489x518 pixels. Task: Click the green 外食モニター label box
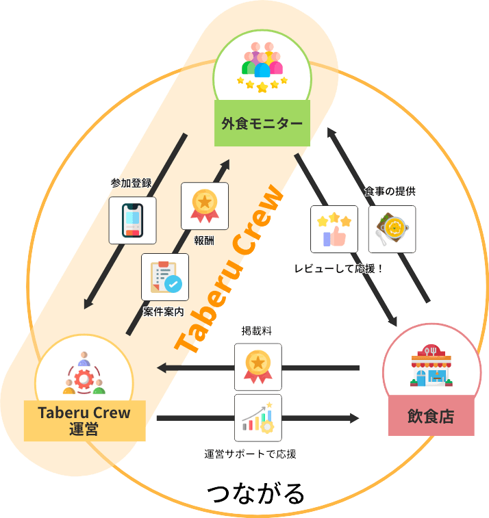click(262, 123)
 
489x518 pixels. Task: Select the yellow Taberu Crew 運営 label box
click(84, 420)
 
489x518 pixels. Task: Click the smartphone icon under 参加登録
click(133, 220)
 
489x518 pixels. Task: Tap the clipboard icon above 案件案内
click(165, 276)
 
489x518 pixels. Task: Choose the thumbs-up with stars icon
click(334, 229)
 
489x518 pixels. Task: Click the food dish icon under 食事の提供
click(392, 229)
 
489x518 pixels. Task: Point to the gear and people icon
click(84, 374)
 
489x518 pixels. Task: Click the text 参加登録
click(131, 183)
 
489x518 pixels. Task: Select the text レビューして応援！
click(338, 268)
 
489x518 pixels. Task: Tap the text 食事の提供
click(390, 192)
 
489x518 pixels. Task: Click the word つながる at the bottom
click(255, 493)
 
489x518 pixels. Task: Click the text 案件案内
click(164, 311)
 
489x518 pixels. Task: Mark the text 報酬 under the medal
click(205, 240)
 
